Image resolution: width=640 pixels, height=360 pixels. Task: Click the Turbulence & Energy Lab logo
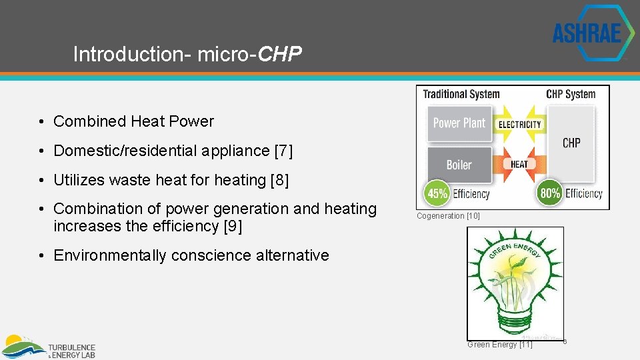click(49, 347)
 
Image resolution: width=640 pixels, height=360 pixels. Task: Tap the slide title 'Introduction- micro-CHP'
click(187, 54)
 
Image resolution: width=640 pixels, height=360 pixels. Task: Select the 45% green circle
click(437, 194)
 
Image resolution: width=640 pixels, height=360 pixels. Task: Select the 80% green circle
click(549, 194)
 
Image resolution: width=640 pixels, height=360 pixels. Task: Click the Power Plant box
click(459, 123)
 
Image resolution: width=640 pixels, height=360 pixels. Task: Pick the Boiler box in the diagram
click(459, 165)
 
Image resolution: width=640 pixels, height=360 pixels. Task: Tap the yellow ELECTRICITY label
click(519, 125)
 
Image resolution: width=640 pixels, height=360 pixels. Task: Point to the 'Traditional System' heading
click(461, 94)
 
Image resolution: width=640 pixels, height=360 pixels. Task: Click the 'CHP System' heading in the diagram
click(570, 94)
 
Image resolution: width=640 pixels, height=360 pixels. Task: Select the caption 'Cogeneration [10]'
click(448, 216)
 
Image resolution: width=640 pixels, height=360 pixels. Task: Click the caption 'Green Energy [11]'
click(500, 345)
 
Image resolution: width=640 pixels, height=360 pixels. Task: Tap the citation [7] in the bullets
click(283, 151)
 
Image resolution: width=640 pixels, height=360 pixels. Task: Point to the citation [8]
click(279, 180)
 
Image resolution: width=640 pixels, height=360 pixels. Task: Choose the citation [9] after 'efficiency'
click(233, 226)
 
